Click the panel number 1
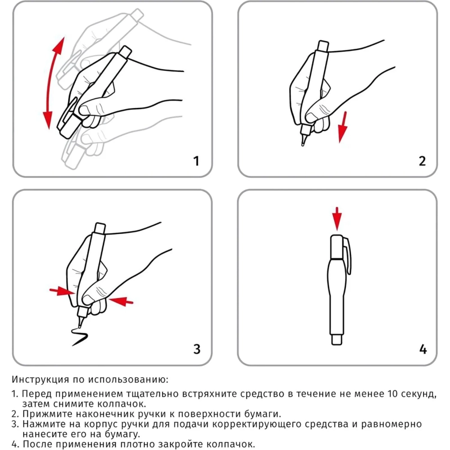196,161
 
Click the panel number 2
422,161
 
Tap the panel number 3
196,349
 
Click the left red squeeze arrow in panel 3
61,291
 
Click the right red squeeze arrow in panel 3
122,302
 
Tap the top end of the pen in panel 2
323,45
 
